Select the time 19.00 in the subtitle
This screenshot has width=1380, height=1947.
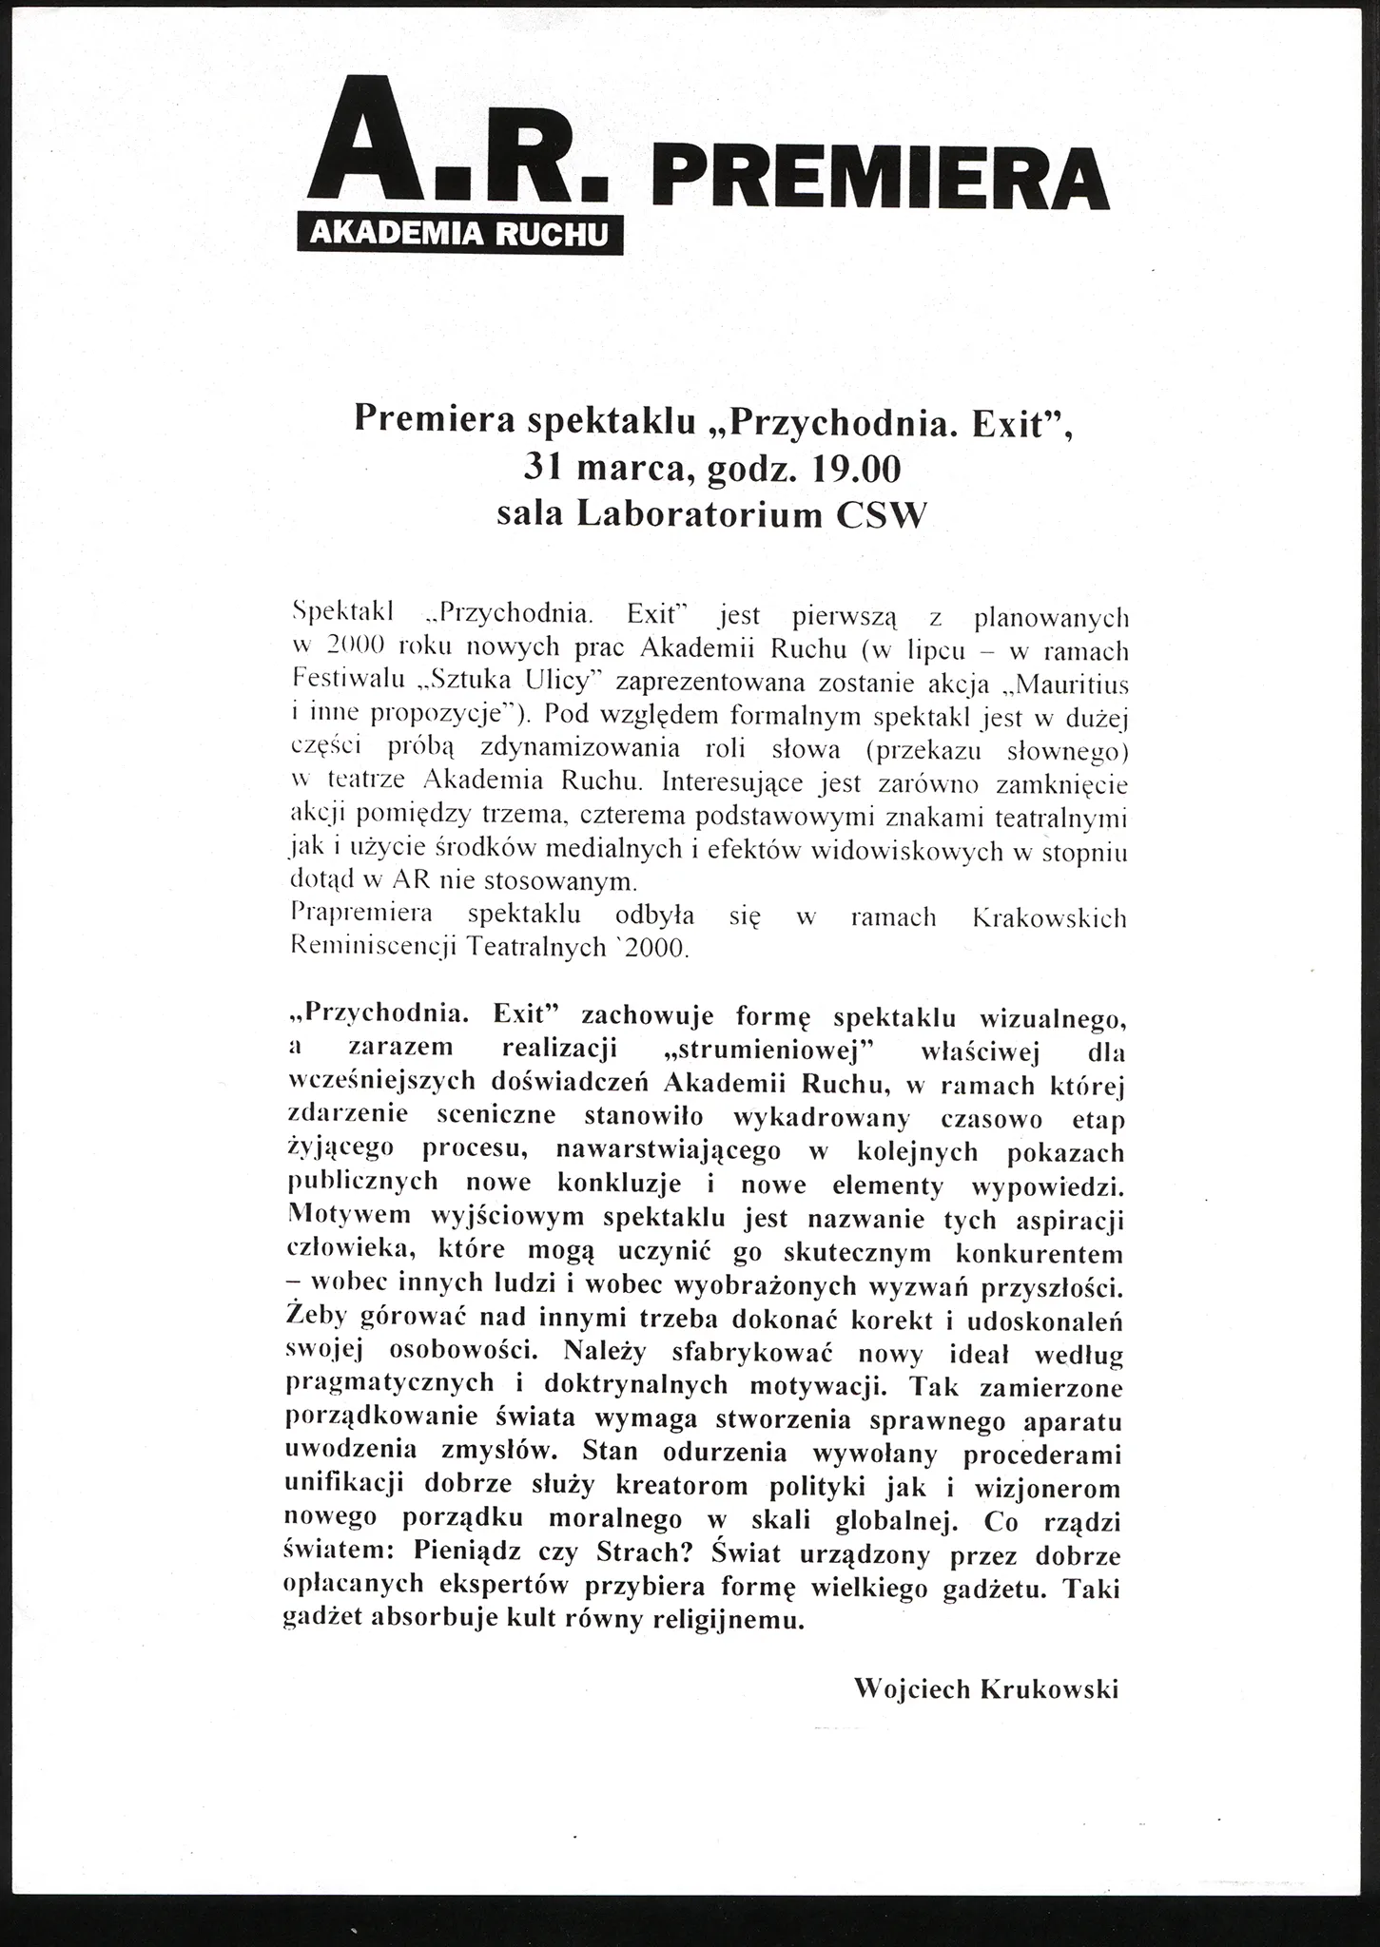click(x=852, y=468)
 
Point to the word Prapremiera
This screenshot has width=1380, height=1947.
click(x=361, y=915)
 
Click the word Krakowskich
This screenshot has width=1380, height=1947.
click(x=1051, y=918)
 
